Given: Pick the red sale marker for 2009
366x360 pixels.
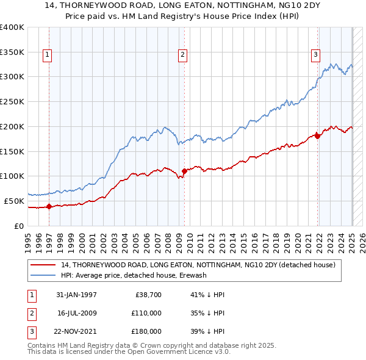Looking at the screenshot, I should coord(184,171).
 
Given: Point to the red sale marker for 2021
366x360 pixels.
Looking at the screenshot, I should coord(318,136).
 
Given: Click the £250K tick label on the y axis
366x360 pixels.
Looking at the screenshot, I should coord(12,101).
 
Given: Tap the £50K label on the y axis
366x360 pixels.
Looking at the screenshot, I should coord(15,201).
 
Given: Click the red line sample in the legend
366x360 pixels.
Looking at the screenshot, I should coord(43,265).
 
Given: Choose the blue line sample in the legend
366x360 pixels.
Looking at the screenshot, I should coord(43,276).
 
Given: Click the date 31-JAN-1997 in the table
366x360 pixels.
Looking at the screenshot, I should coord(76,295).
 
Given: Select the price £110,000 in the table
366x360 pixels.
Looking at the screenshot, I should coord(146,313).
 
